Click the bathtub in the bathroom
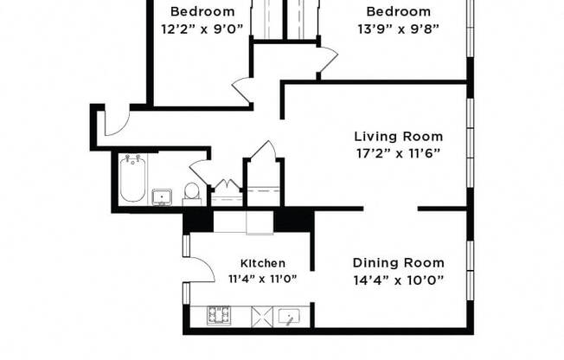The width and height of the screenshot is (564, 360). click(x=131, y=179)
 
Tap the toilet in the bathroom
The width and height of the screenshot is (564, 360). click(x=193, y=193)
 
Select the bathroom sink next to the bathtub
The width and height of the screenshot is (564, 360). click(x=163, y=197)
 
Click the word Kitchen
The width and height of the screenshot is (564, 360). click(x=263, y=263)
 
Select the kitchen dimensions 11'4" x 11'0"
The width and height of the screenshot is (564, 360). click(x=263, y=280)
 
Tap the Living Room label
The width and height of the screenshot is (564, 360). click(x=399, y=137)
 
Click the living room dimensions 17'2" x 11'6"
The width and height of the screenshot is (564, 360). click(x=399, y=153)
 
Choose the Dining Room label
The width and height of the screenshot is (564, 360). click(x=399, y=263)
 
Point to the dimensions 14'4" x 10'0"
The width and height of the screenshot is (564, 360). click(x=399, y=280)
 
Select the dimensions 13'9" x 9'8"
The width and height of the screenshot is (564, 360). click(x=398, y=29)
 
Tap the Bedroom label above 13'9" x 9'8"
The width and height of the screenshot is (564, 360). click(x=398, y=12)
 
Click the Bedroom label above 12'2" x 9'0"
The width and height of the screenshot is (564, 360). click(x=202, y=12)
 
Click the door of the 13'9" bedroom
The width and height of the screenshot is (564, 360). click(x=326, y=60)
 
